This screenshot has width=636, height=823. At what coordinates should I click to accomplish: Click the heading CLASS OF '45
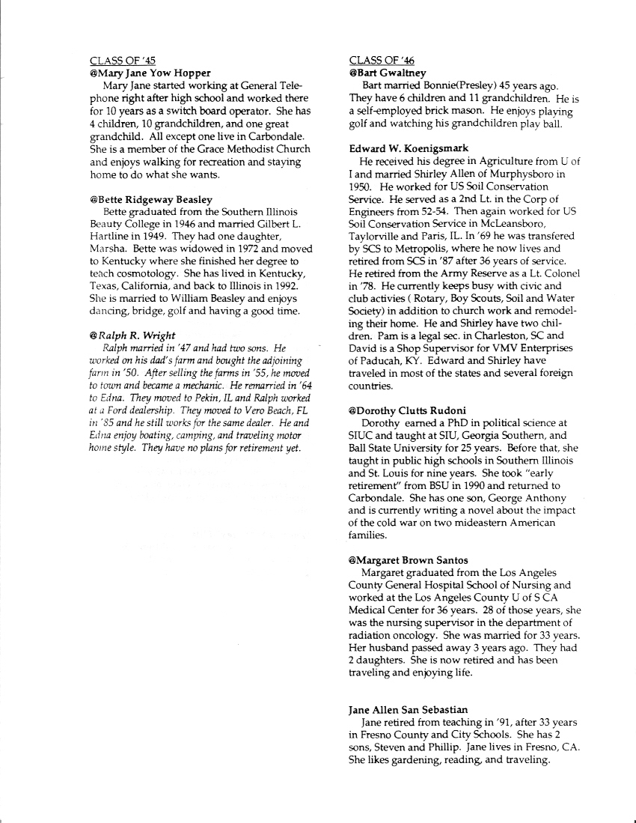[123, 61]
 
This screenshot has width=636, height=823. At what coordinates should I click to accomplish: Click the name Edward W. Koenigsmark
[409, 149]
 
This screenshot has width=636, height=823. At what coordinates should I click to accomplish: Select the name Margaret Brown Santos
[409, 560]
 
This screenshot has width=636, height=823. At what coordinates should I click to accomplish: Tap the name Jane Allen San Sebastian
[409, 709]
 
